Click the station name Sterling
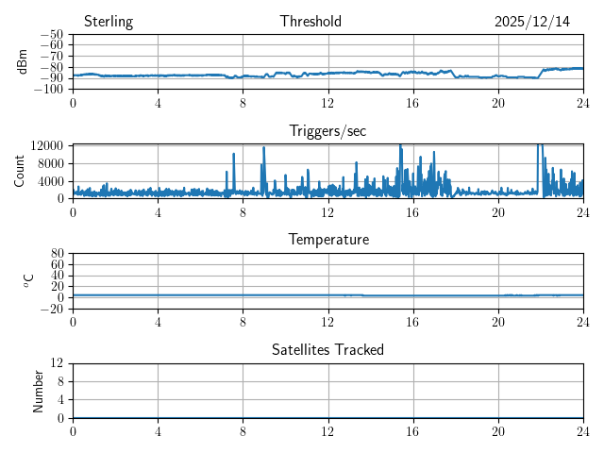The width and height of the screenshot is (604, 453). [x=109, y=22]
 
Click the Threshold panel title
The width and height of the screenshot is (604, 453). [x=310, y=22]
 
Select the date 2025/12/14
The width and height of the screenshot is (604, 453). [x=532, y=22]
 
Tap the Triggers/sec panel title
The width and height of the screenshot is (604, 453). [x=327, y=130]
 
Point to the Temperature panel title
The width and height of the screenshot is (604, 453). [x=327, y=240]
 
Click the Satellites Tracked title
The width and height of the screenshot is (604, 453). [x=327, y=349]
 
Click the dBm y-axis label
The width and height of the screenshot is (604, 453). [x=23, y=61]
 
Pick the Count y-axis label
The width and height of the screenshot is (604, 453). [x=20, y=171]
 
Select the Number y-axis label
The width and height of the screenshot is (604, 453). [x=39, y=390]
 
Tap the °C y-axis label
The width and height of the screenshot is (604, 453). [x=29, y=280]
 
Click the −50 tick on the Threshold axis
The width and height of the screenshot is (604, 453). [x=53, y=35]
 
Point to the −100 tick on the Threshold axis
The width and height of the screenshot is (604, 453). [x=50, y=90]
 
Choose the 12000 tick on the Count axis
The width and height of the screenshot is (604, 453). [x=47, y=145]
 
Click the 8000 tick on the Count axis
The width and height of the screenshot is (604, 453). [x=51, y=162]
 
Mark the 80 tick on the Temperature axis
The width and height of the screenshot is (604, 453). [x=58, y=254]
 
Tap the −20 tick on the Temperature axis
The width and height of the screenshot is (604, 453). [x=53, y=309]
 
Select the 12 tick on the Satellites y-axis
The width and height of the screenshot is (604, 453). [x=58, y=363]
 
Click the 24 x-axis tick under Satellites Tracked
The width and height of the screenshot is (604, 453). [x=582, y=430]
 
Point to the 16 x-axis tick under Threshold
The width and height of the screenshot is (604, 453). [x=412, y=102]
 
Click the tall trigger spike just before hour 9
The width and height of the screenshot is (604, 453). [x=263, y=149]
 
